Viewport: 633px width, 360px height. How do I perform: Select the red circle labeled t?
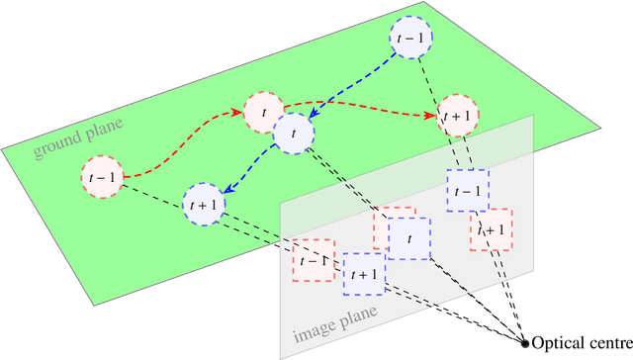[265, 113]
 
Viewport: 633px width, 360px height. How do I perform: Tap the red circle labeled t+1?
[458, 116]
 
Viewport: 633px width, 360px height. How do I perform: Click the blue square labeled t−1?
[466, 190]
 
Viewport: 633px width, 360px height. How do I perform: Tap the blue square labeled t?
[408, 238]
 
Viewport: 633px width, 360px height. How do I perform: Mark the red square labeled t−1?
[312, 260]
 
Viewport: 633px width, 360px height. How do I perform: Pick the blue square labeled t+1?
[363, 274]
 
